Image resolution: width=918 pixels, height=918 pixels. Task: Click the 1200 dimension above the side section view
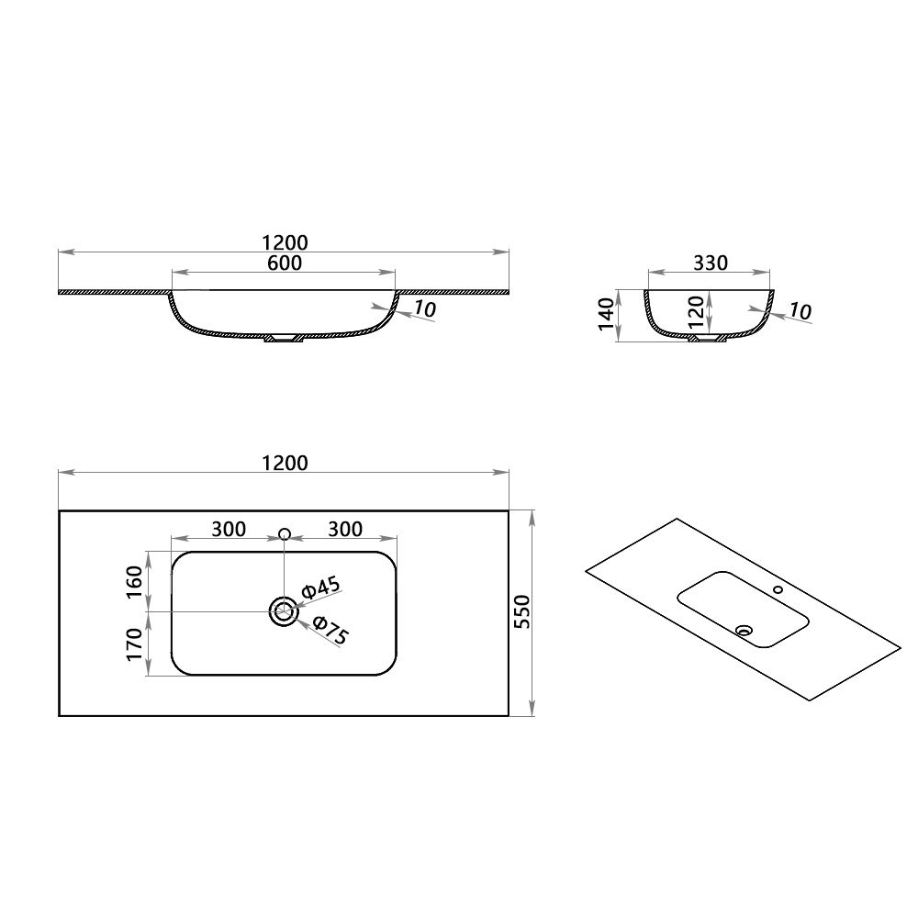pyautogui.click(x=284, y=242)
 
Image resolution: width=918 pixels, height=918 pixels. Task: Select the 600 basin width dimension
pyautogui.click(x=285, y=263)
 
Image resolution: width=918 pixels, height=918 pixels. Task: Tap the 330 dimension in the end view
pyautogui.click(x=710, y=263)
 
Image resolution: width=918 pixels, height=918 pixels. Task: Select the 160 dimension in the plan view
pyautogui.click(x=134, y=581)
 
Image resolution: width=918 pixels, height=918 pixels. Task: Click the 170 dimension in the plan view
pyautogui.click(x=134, y=644)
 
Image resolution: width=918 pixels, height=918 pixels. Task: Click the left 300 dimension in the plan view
pyautogui.click(x=229, y=529)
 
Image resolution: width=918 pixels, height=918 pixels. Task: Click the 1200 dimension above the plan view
pyautogui.click(x=284, y=463)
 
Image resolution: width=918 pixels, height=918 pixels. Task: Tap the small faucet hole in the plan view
pyautogui.click(x=284, y=533)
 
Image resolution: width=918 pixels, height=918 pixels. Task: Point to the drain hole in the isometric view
pyautogui.click(x=744, y=631)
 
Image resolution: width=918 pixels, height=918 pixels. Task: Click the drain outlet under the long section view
pyautogui.click(x=284, y=339)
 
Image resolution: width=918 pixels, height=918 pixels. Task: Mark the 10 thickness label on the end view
pyautogui.click(x=800, y=312)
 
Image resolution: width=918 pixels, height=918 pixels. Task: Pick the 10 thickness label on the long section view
pyautogui.click(x=423, y=309)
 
